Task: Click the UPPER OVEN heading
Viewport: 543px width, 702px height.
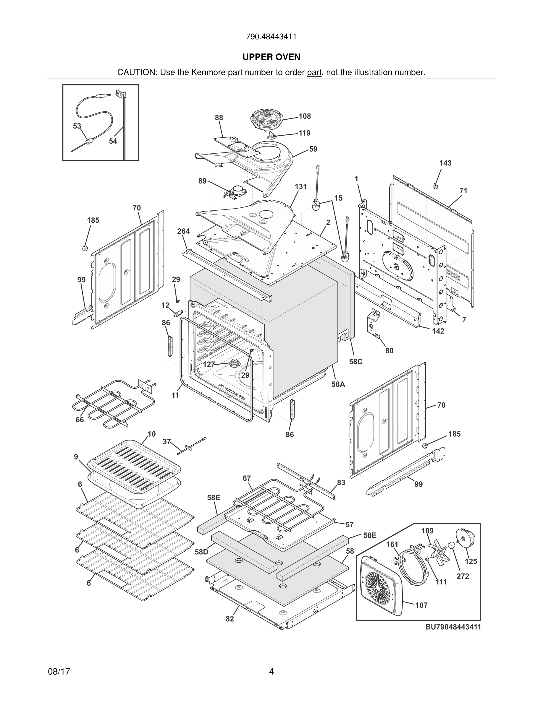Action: click(x=271, y=57)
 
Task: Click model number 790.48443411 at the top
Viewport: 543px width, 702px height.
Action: click(x=271, y=37)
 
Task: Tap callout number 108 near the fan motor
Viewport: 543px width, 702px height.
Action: click(x=305, y=116)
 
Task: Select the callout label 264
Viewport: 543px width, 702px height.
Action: click(x=183, y=231)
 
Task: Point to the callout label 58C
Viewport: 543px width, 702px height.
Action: click(x=356, y=362)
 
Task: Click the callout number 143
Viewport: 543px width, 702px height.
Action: click(x=445, y=163)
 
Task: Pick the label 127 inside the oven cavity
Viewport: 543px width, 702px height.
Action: click(x=209, y=364)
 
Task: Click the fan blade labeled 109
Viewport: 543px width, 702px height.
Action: click(x=437, y=552)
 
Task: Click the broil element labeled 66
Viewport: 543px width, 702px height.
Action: click(x=113, y=405)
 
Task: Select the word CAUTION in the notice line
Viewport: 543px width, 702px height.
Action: click(x=136, y=72)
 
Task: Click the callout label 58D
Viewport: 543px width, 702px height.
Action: click(x=201, y=552)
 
